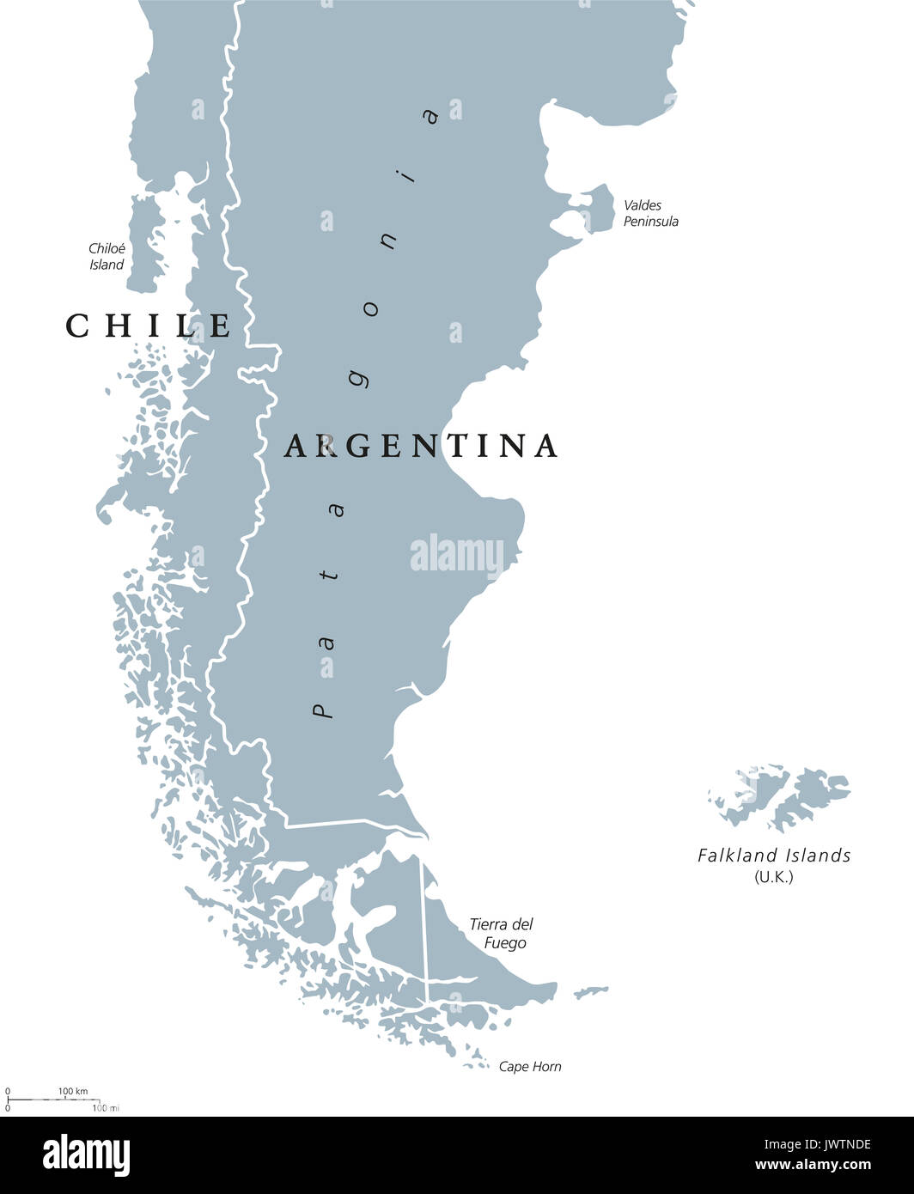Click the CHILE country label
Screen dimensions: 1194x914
click(149, 326)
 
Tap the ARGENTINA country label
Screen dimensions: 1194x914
click(421, 445)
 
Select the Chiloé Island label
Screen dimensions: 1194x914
click(107, 257)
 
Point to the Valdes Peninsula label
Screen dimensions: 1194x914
click(650, 213)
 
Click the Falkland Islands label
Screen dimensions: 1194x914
click(774, 856)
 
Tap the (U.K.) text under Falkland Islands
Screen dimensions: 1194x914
click(773, 876)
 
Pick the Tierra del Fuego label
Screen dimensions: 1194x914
click(501, 933)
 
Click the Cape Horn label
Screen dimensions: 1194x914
click(530, 1067)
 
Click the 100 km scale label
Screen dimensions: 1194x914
click(73, 1091)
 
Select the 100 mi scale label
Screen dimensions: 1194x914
click(105, 1108)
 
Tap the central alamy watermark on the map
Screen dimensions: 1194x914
click(457, 555)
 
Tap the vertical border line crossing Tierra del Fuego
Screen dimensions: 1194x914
click(423, 919)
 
